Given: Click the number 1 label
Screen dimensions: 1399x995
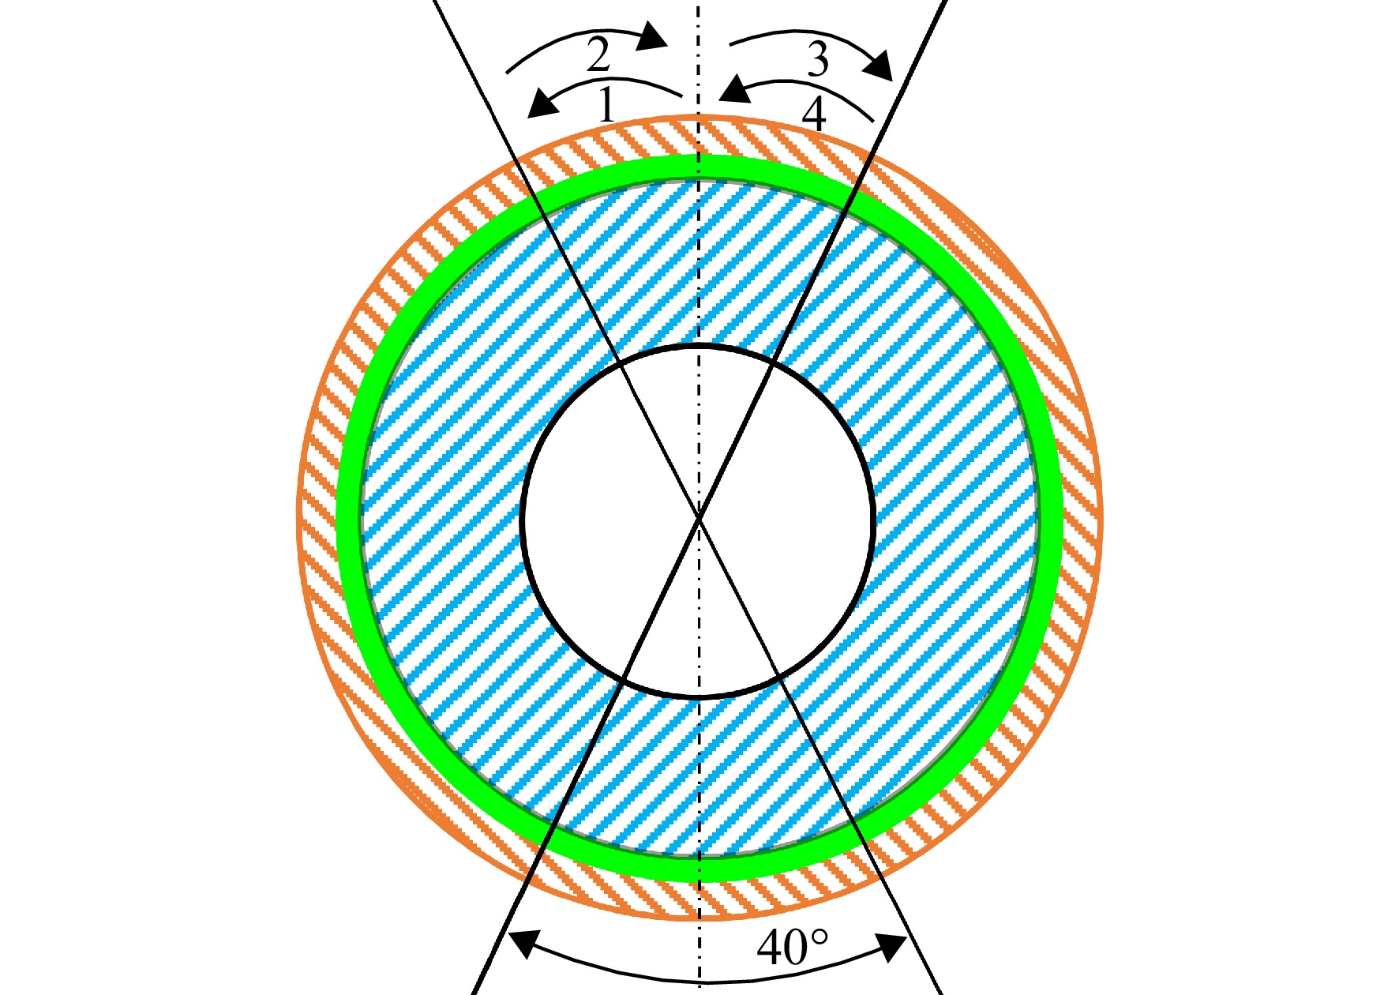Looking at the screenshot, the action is click(606, 105).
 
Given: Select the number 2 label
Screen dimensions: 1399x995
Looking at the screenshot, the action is click(598, 54).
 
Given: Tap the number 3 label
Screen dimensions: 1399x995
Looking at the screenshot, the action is click(818, 59).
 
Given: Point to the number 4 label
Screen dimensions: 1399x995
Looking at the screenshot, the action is click(814, 115).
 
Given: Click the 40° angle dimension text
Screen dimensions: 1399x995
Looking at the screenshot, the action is click(793, 947).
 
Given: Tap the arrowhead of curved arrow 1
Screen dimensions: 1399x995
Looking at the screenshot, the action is click(542, 103).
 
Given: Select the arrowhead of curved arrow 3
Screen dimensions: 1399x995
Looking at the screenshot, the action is click(878, 66).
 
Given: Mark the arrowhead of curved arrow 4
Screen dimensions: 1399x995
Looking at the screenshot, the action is click(734, 88).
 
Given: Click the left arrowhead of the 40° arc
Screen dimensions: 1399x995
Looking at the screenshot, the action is click(523, 944).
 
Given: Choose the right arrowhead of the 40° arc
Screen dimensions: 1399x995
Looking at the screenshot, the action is click(891, 948).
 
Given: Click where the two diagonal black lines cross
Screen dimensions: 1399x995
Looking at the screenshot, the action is click(699, 518).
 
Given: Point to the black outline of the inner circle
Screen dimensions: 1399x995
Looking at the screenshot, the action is click(523, 521).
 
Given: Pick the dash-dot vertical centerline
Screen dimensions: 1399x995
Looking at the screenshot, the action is click(699, 497).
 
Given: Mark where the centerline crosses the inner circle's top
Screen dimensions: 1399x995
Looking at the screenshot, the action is click(699, 346).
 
